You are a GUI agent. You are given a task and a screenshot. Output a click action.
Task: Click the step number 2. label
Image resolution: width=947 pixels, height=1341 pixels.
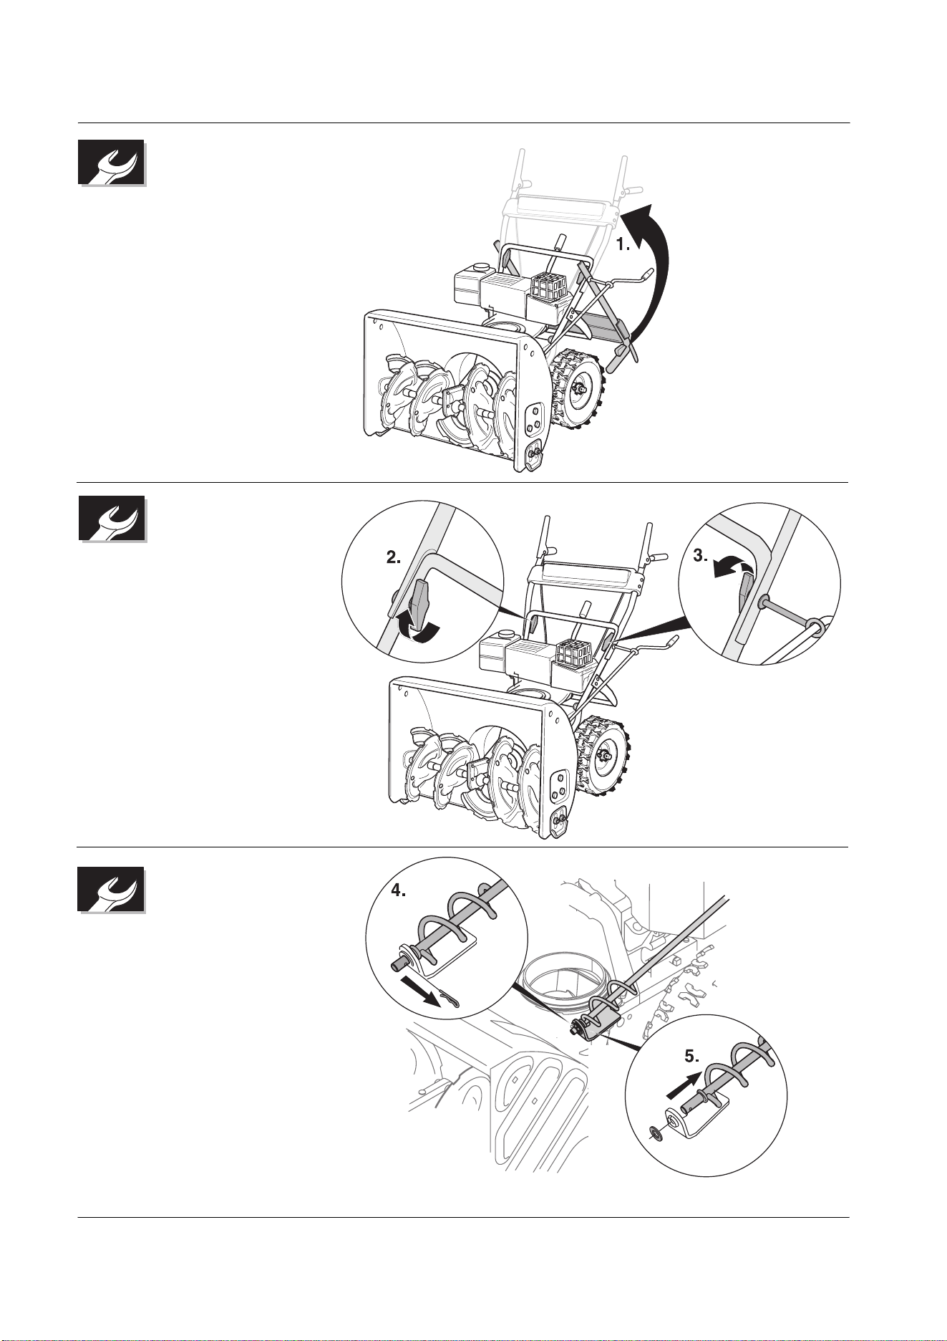click(x=394, y=559)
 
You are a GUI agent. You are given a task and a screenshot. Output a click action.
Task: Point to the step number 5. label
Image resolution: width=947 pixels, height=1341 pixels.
click(x=691, y=1056)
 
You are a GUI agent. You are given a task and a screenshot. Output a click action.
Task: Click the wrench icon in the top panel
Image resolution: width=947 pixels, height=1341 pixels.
click(x=112, y=163)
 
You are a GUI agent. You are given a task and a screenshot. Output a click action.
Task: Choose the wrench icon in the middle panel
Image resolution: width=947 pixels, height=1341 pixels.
click(x=112, y=519)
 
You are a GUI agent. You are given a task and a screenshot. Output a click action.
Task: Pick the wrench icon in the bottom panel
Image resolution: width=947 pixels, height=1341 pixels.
click(x=112, y=890)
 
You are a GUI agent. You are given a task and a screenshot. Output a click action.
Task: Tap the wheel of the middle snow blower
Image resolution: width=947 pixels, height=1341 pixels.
click(x=603, y=755)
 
